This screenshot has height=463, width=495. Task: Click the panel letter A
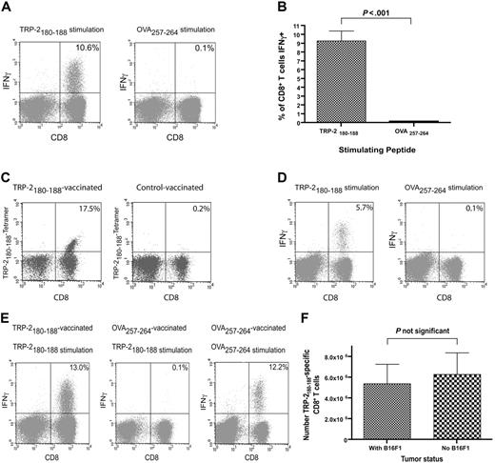(9, 8)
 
